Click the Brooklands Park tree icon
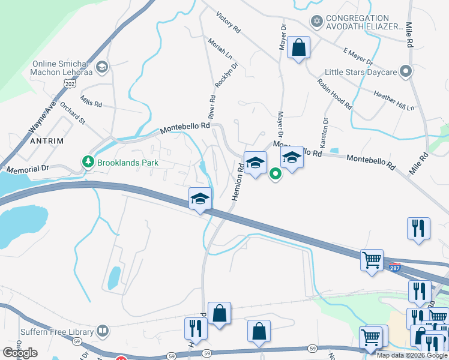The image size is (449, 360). click(88, 162)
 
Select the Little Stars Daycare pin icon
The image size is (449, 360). click(406, 72)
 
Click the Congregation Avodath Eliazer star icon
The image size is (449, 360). click(316, 22)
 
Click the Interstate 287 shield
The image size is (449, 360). click(394, 266)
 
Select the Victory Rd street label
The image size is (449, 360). click(228, 21)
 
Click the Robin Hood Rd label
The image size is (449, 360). click(334, 94)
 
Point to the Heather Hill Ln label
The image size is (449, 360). click(394, 101)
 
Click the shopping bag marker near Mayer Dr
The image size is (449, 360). click(298, 47)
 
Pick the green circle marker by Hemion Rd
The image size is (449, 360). click(276, 175)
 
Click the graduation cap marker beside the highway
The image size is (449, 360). click(200, 199)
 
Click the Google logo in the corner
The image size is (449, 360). click(20, 353)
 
